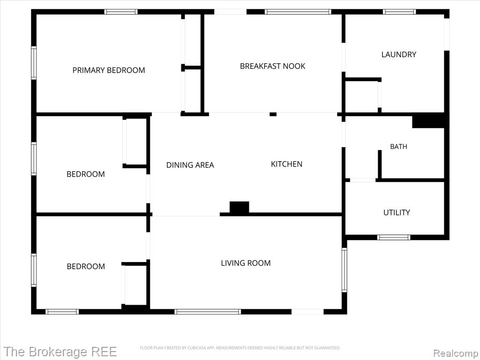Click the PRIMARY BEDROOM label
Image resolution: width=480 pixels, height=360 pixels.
point(109,70)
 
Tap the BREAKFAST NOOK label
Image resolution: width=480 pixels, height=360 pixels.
point(272,66)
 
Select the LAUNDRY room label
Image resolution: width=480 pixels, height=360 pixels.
point(398,54)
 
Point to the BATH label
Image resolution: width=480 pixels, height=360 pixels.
point(398,147)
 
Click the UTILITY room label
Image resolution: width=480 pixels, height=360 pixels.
point(397,212)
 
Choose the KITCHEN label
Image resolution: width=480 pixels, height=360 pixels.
point(286,164)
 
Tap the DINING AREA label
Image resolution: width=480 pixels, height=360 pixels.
point(190,165)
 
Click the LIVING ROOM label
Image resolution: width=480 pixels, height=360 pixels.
point(246,263)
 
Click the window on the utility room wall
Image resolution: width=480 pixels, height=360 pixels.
point(394,237)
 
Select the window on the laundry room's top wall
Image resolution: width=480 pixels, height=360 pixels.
point(399,12)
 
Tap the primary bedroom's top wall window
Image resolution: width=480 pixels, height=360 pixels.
point(121,12)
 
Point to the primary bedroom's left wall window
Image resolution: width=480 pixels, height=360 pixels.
point(34,63)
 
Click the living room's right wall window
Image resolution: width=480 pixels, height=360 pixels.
point(345,270)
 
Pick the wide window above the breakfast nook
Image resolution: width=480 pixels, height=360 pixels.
point(298,12)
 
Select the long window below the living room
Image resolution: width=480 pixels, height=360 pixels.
point(208,312)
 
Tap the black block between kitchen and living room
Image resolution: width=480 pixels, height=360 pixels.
point(240,207)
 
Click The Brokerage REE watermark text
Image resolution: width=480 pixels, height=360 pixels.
point(60,352)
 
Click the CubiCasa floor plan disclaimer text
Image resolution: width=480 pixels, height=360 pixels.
point(240,348)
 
